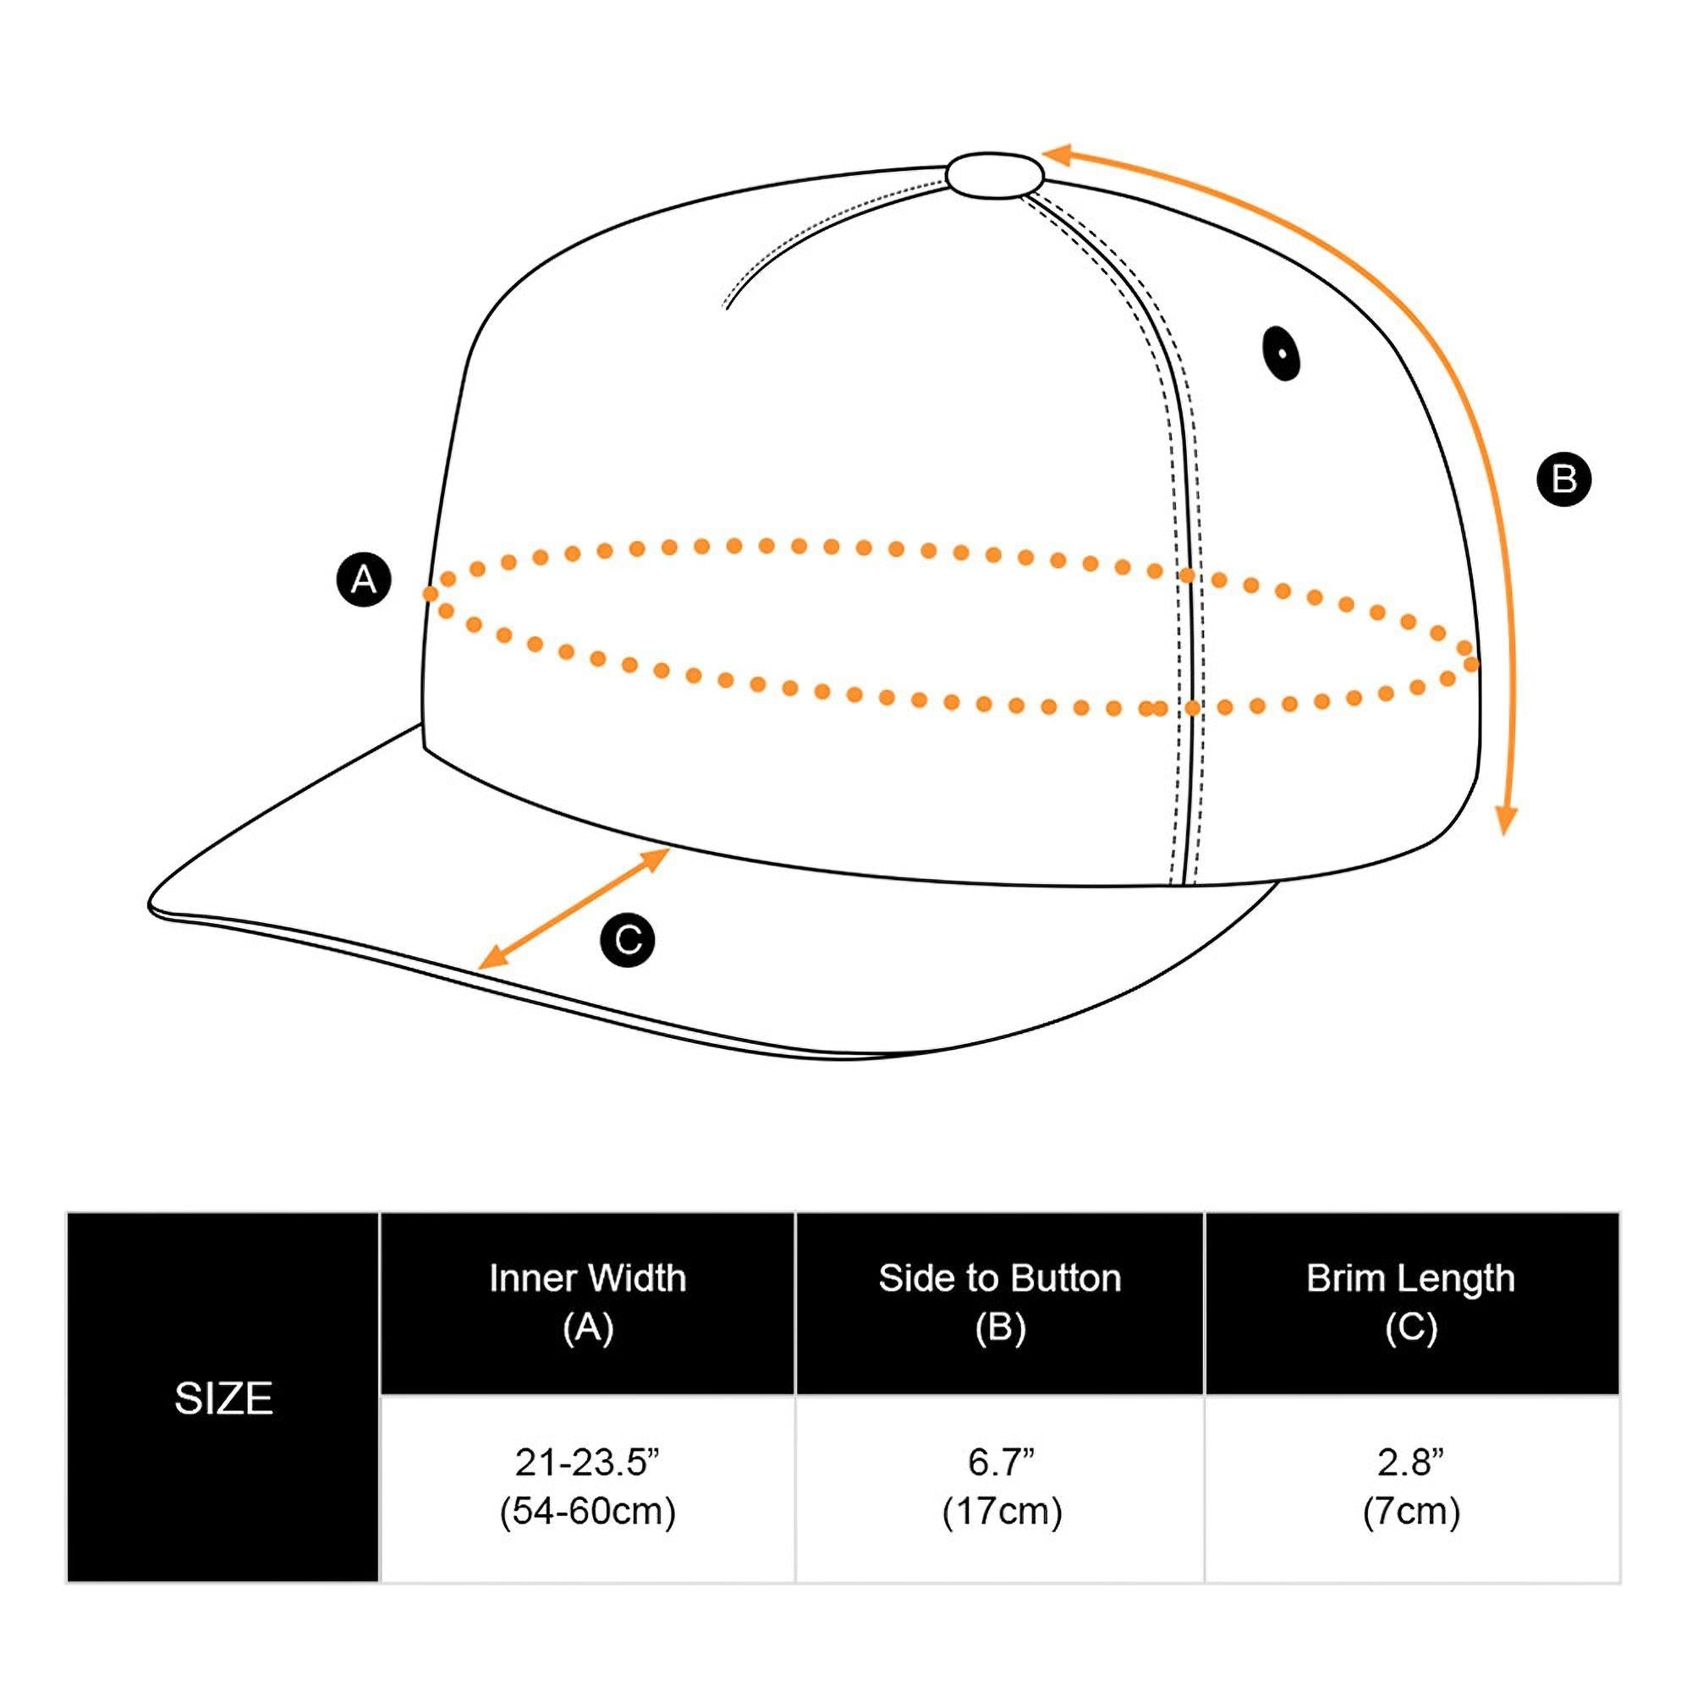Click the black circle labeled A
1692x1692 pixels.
pyautogui.click(x=364, y=579)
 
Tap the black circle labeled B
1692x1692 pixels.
pyautogui.click(x=1564, y=479)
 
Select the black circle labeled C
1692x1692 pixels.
pyautogui.click(x=628, y=941)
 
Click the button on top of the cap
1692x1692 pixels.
pyautogui.click(x=995, y=174)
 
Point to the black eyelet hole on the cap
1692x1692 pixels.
pyautogui.click(x=1281, y=353)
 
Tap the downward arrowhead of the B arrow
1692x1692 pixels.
pyautogui.click(x=1506, y=819)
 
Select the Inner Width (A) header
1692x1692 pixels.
pyautogui.click(x=588, y=1302)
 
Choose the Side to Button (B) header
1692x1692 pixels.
pyautogui.click(x=1000, y=1302)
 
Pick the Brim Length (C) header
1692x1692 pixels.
pyautogui.click(x=1411, y=1302)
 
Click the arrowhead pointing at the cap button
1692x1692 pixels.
pyautogui.click(x=1056, y=156)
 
